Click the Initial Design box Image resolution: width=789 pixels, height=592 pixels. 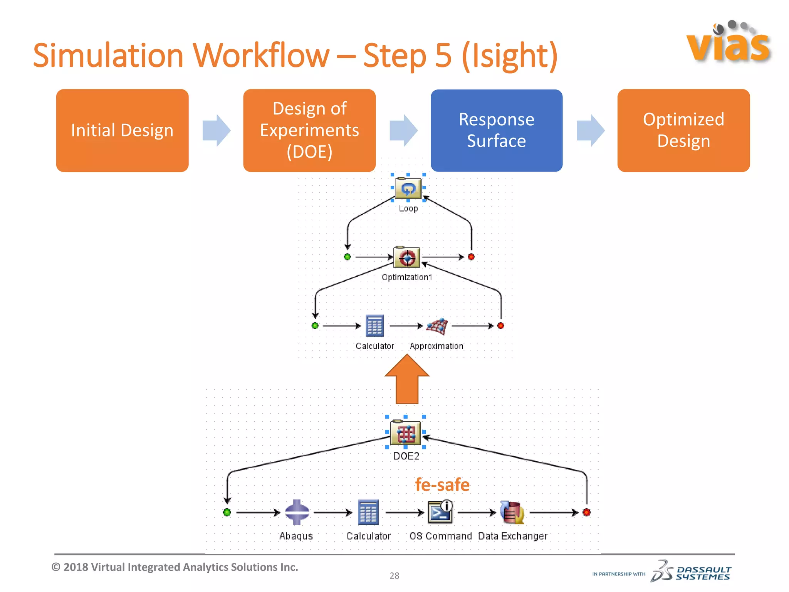click(x=122, y=130)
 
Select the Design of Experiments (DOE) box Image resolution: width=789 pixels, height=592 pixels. click(x=309, y=130)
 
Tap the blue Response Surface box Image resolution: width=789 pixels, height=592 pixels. click(x=496, y=130)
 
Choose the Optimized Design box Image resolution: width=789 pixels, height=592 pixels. click(x=683, y=130)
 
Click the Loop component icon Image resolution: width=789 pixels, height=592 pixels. click(x=408, y=188)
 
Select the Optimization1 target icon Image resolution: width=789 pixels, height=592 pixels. click(x=407, y=257)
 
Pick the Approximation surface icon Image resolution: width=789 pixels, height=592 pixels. click(x=437, y=326)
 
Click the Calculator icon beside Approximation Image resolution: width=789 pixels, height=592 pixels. click(x=374, y=326)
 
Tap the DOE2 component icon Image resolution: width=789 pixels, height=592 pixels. click(x=405, y=433)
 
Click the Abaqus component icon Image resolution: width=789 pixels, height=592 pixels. click(x=297, y=512)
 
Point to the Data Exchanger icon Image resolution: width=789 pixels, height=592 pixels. click(x=512, y=512)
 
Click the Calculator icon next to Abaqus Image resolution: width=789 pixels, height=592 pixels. click(x=368, y=512)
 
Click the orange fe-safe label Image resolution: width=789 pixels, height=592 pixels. click(x=442, y=485)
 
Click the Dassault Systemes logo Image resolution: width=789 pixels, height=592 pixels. click(x=691, y=572)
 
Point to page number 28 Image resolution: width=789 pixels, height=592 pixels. click(x=394, y=575)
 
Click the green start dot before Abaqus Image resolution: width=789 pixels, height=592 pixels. click(x=227, y=512)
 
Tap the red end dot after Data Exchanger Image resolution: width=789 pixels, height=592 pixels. click(x=586, y=512)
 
